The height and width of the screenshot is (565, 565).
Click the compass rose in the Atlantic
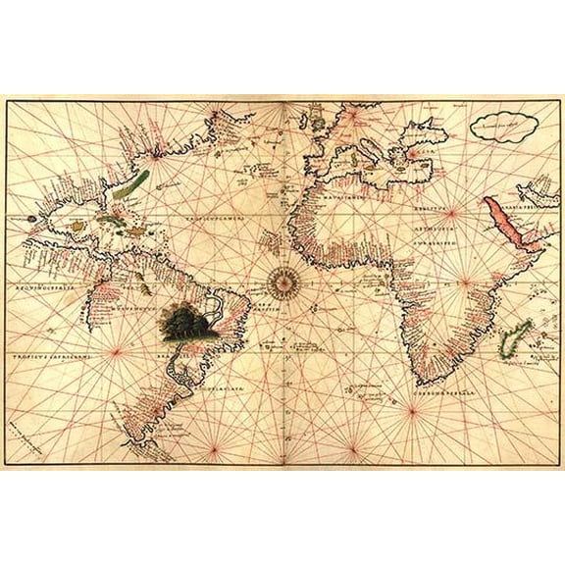282,283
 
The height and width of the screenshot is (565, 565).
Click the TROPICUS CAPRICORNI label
59,358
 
